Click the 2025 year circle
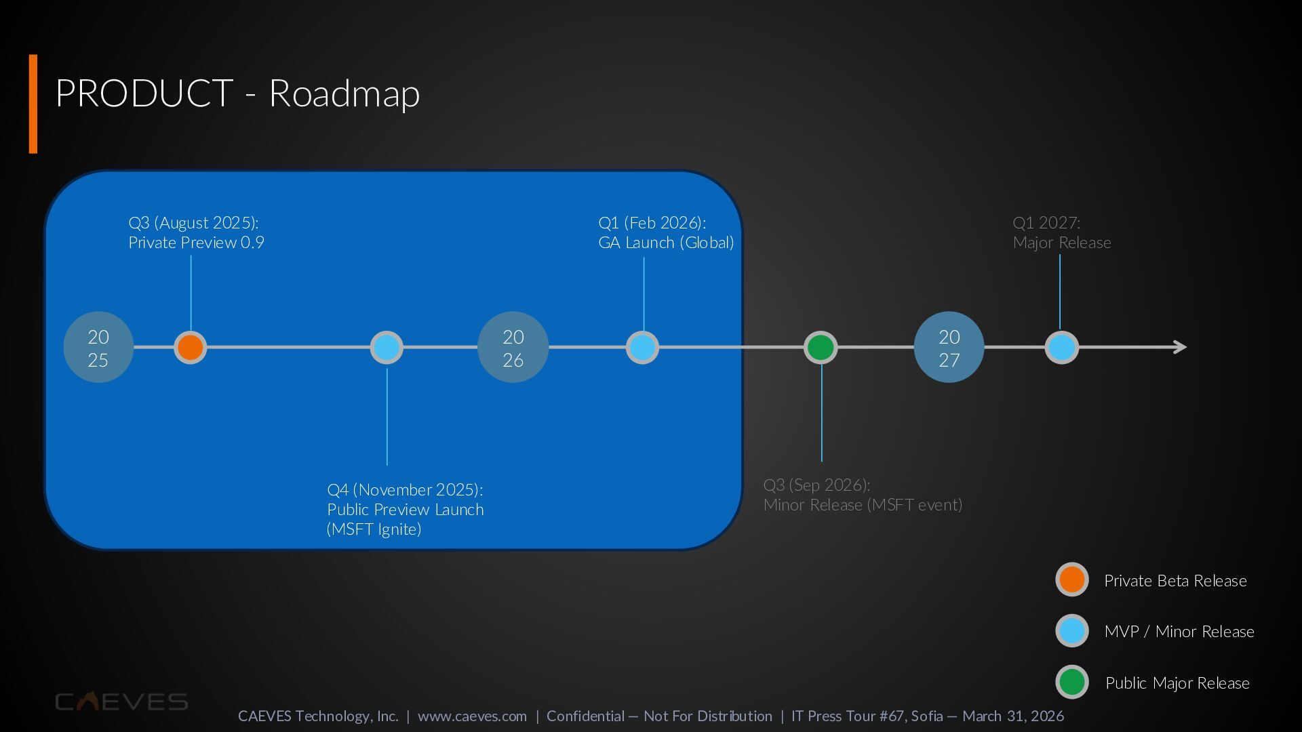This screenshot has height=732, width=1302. click(x=98, y=348)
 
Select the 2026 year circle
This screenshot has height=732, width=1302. click(x=513, y=348)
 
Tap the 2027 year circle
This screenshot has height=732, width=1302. click(x=949, y=348)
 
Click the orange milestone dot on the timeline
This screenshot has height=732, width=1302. click(x=191, y=348)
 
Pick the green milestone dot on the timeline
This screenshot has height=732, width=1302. click(x=821, y=348)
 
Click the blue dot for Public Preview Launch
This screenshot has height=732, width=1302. click(x=387, y=348)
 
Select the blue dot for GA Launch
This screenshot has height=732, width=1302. click(x=642, y=348)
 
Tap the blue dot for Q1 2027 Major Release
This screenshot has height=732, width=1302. click(x=1061, y=348)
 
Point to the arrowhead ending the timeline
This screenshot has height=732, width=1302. click(x=1180, y=347)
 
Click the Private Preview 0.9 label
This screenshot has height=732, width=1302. click(x=196, y=243)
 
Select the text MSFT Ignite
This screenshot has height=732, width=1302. click(x=374, y=529)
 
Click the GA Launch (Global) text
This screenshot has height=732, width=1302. click(x=666, y=243)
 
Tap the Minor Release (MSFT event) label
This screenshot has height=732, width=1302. click(x=863, y=505)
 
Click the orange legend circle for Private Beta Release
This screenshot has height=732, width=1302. click(x=1072, y=579)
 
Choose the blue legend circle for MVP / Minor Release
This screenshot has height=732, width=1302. click(x=1072, y=631)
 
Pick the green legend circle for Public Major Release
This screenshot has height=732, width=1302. click(x=1072, y=682)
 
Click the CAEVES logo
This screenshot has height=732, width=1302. click(x=121, y=701)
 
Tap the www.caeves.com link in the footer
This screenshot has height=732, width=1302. click(x=472, y=716)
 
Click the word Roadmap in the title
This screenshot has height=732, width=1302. click(x=344, y=93)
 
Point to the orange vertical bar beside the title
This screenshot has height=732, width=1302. click(x=33, y=104)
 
